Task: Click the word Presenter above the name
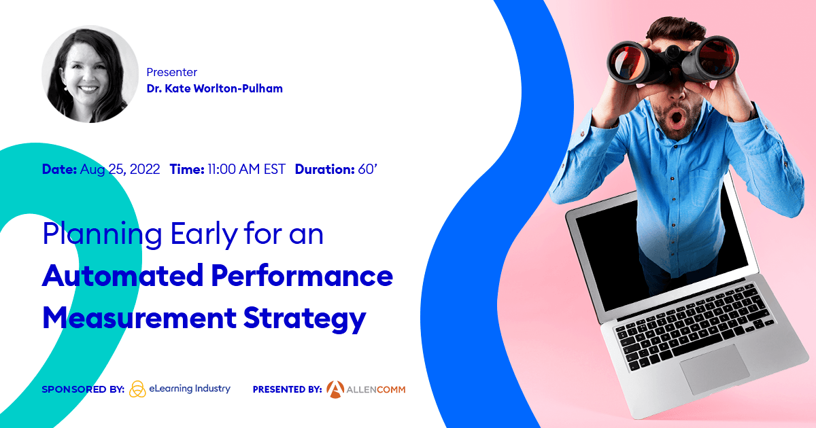tap(171, 72)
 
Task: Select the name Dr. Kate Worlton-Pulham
tap(214, 88)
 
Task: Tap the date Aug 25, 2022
tap(120, 170)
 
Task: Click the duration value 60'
tap(367, 170)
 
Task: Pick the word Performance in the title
tap(301, 277)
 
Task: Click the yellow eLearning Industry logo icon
tap(137, 389)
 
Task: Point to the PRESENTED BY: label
tap(287, 389)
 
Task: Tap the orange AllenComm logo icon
tap(335, 389)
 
